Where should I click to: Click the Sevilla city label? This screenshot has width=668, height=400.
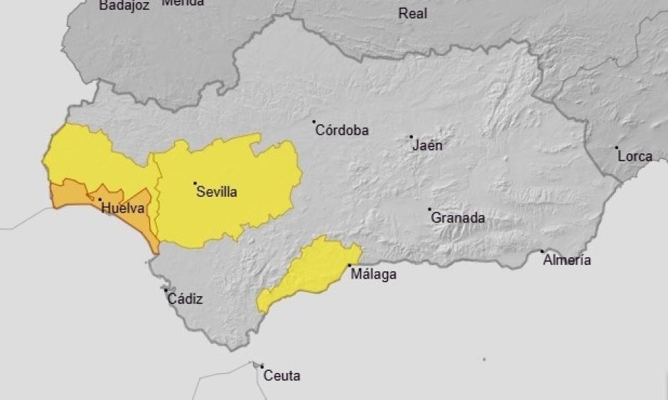pos(217,192)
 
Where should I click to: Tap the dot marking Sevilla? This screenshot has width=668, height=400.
pos(195,183)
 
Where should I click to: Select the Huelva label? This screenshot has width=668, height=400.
pos(123,208)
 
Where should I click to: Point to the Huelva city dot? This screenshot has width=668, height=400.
pos(99,200)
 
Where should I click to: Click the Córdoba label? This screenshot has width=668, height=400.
pos(342,130)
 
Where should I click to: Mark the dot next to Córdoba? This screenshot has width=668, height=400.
pos(314,121)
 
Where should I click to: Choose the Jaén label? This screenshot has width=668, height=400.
pos(427,146)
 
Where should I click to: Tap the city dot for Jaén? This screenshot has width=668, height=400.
pos(411,136)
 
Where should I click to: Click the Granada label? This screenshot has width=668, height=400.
pos(458,218)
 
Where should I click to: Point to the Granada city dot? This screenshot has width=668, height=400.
pos(429,210)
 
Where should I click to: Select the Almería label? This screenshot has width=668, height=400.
pos(566,260)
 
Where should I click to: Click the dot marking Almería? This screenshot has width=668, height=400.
pos(542,251)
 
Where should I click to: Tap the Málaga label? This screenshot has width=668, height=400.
pos(373,275)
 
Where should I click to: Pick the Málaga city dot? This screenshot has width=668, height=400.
pos(349,266)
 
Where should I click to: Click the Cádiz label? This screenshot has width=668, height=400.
pos(185,298)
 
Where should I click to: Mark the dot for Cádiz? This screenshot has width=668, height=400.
pos(166,290)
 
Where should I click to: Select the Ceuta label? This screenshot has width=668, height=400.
pos(281,376)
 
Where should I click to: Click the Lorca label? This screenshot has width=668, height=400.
pos(635,156)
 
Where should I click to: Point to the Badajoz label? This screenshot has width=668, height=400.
pos(124,6)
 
